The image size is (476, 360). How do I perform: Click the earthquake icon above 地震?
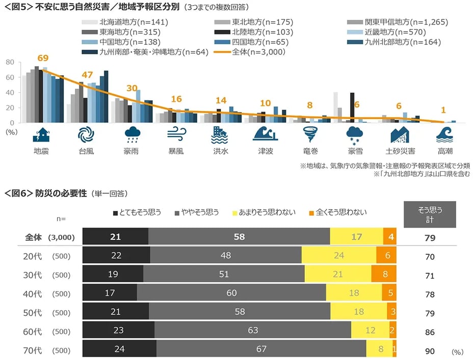click(41, 134)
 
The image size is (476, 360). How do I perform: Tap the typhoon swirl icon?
click(86, 134)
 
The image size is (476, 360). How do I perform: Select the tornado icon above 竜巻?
click(310, 134)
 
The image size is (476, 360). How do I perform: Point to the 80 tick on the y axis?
click(10, 62)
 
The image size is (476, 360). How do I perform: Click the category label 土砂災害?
click(400, 151)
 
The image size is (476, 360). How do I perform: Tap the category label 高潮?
click(444, 151)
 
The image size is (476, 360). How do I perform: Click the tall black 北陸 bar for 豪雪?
click(352, 107)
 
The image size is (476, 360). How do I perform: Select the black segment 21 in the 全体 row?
click(115, 237)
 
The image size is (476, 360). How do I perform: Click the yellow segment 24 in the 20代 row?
click(339, 255)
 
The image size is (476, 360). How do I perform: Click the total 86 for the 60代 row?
click(430, 332)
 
